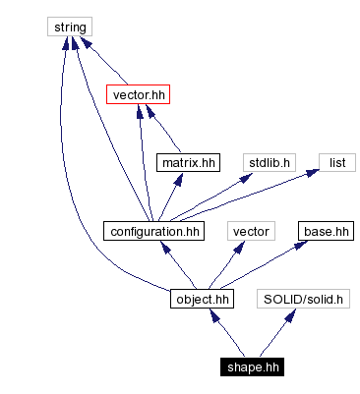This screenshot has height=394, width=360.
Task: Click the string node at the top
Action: pyautogui.click(x=71, y=27)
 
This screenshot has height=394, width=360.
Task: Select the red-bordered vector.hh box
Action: pyautogui.click(x=139, y=95)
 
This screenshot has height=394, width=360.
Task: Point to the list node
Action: pyautogui.click(x=336, y=163)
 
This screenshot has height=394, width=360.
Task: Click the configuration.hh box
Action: pyautogui.click(x=151, y=231)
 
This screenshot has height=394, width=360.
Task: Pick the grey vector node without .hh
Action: pyautogui.click(x=250, y=231)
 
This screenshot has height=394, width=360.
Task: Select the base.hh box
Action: pyautogui.click(x=325, y=231)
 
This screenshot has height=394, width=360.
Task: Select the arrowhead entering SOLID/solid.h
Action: pyautogui.click(x=286, y=314)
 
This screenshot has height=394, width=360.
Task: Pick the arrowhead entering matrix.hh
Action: pyautogui.click(x=181, y=179)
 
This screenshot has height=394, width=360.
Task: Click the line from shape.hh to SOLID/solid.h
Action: pyautogui.click(x=273, y=335)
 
